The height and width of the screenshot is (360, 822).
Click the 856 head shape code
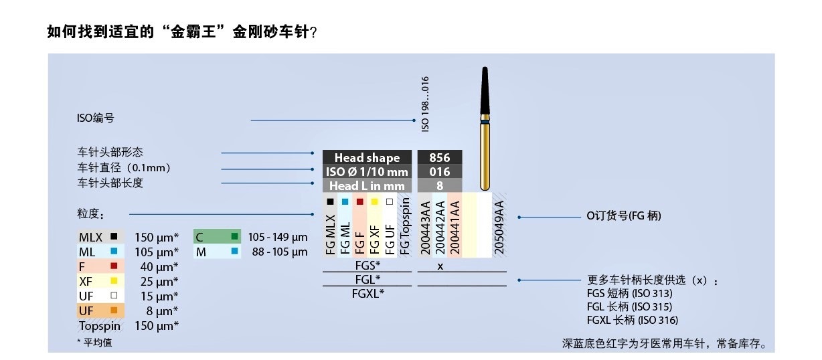click(x=438, y=158)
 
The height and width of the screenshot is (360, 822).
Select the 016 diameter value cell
click(x=438, y=172)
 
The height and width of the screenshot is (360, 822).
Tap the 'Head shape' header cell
click(x=366, y=158)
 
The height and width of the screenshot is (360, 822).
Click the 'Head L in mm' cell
click(x=366, y=185)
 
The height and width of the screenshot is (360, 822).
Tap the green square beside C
click(x=234, y=236)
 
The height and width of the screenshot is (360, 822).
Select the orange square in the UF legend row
click(x=114, y=310)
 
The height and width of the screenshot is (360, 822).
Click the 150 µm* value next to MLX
click(x=157, y=237)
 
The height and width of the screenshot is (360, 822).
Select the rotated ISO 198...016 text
click(x=425, y=104)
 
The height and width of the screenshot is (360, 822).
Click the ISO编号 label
click(x=96, y=118)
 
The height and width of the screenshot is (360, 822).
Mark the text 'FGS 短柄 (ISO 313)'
click(x=629, y=293)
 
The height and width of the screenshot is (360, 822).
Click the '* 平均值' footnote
click(x=95, y=341)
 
